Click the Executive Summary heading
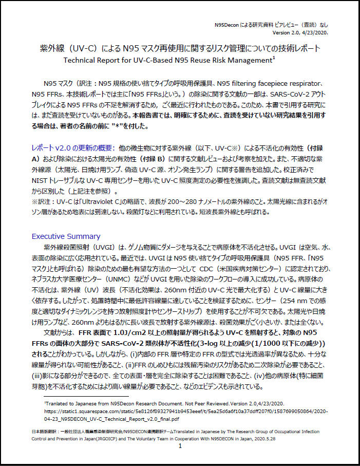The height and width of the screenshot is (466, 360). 66,236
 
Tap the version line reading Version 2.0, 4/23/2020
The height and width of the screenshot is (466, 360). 300,32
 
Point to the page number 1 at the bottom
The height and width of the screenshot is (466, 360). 180,446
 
